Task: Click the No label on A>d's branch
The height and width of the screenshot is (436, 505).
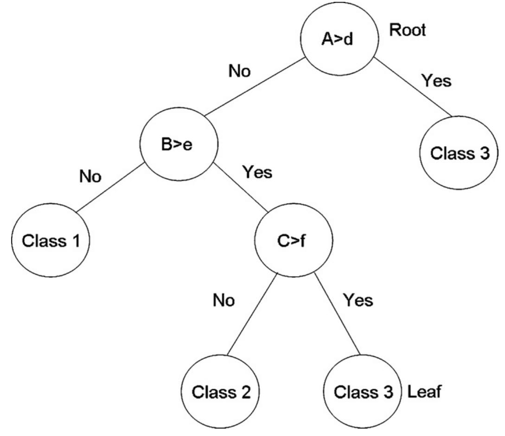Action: [x=240, y=72]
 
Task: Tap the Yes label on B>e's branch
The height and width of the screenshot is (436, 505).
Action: [x=257, y=173]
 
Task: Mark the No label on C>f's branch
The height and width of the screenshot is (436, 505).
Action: [x=224, y=301]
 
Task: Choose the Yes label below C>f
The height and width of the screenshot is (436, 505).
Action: [x=358, y=300]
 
